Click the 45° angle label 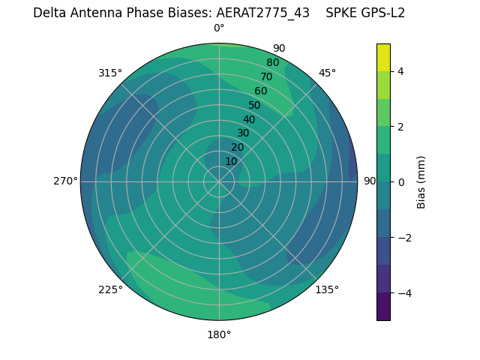(x=327, y=73)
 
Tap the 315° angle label (x=109, y=73)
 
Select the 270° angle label (x=65, y=181)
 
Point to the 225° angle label (x=110, y=290)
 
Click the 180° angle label (x=219, y=334)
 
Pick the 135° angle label (x=327, y=289)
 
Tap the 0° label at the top (x=219, y=28)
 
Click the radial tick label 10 (x=231, y=161)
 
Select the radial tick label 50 (x=254, y=105)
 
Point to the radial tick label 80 (x=272, y=63)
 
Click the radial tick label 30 (x=243, y=133)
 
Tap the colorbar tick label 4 (x=400, y=71)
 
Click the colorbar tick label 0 (x=400, y=182)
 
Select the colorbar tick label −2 (x=403, y=238)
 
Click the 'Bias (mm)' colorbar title (x=421, y=182)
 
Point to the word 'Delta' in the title (x=49, y=13)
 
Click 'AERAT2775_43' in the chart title (x=262, y=13)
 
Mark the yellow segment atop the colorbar (x=383, y=58)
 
